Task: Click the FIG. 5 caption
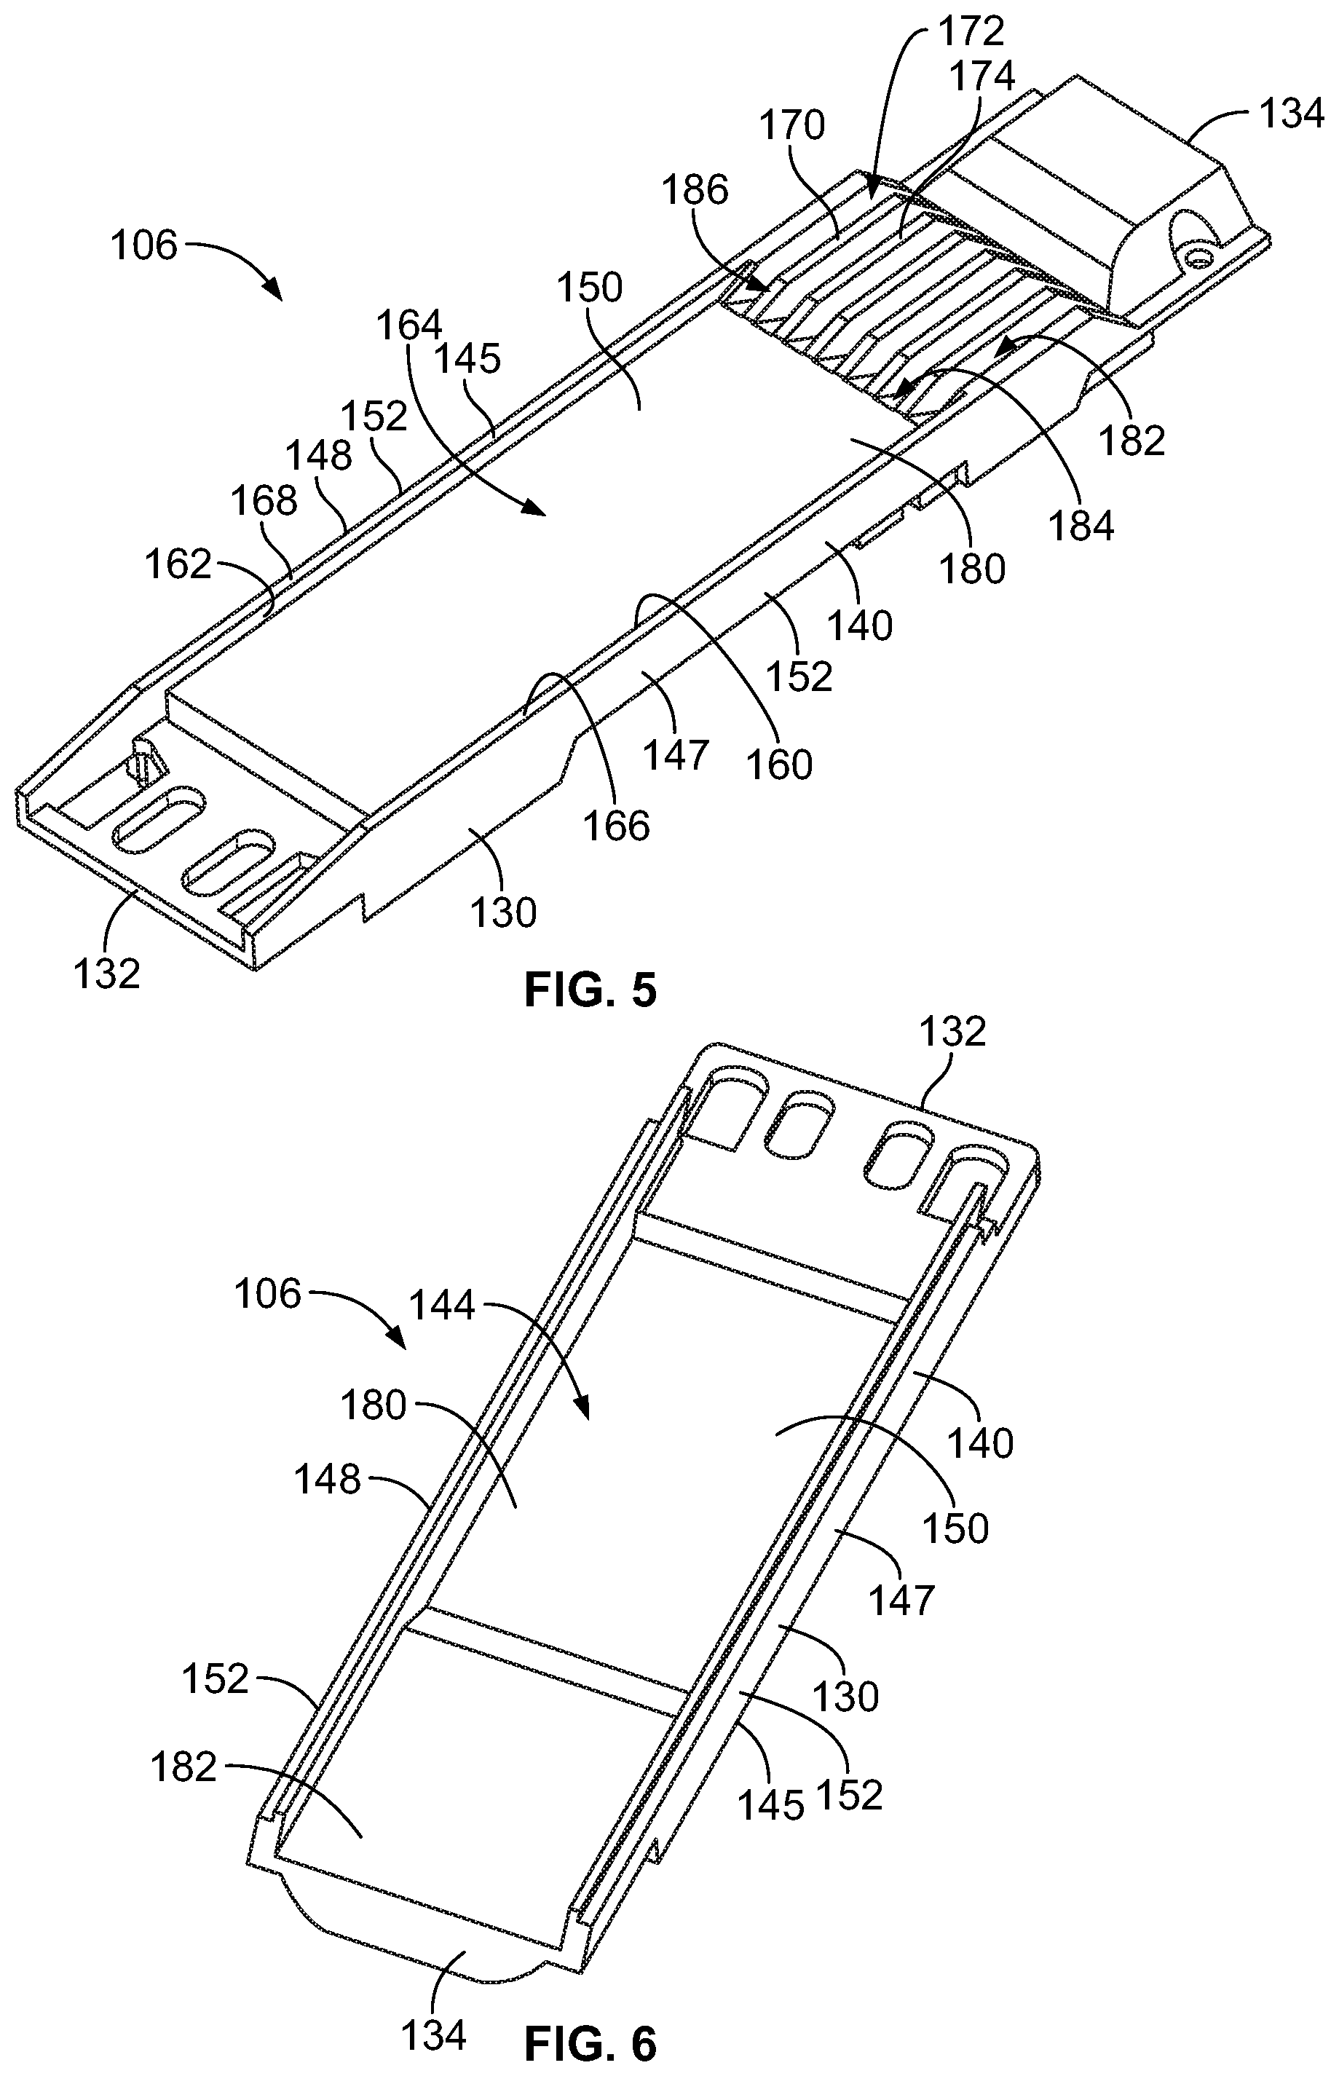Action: tap(590, 990)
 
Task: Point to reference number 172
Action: tap(971, 32)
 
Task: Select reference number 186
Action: tap(695, 189)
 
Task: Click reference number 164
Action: tap(409, 326)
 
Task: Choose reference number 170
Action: tap(792, 126)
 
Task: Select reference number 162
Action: tap(178, 565)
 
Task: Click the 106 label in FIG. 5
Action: tap(144, 245)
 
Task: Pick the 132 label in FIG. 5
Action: tap(106, 974)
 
